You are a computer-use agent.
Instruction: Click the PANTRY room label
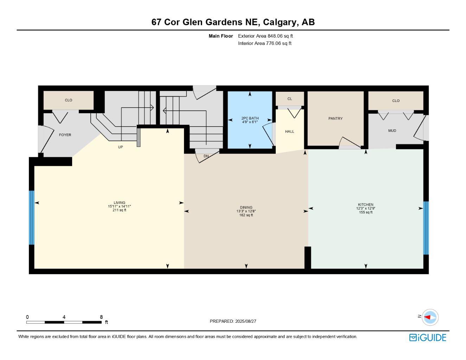(x=335, y=118)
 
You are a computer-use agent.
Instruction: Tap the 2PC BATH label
(x=250, y=118)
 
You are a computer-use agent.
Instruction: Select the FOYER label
(x=65, y=135)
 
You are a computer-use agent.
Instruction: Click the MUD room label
(x=392, y=130)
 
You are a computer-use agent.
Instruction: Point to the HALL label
(x=289, y=131)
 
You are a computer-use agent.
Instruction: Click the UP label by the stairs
(x=120, y=147)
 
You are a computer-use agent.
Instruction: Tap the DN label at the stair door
(x=206, y=156)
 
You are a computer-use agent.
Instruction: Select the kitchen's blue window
(x=426, y=228)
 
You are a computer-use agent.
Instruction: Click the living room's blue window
(x=32, y=218)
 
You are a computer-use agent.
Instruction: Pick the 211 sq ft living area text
(x=120, y=210)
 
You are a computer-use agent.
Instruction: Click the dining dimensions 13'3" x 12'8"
(x=246, y=211)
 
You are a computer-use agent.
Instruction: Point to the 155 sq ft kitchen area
(x=366, y=212)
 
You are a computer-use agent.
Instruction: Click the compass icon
(x=430, y=317)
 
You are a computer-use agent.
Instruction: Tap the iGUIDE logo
(x=428, y=337)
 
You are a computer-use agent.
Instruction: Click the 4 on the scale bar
(x=64, y=317)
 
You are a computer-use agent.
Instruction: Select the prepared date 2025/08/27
(x=246, y=321)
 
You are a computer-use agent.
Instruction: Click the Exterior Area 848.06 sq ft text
(x=265, y=36)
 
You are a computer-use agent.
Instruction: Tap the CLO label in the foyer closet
(x=69, y=100)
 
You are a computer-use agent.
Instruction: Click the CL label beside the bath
(x=290, y=99)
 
